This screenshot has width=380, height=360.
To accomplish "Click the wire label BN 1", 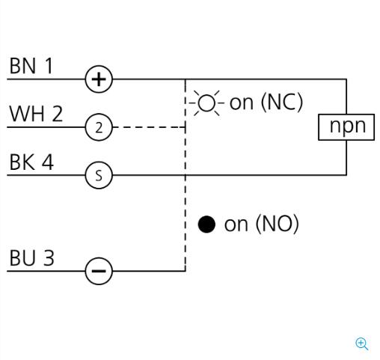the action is tap(31, 66).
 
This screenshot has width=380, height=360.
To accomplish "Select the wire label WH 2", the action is tap(36, 114).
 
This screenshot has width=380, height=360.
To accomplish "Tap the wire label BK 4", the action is tap(31, 162).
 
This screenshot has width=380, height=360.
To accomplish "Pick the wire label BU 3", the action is tap(31, 257).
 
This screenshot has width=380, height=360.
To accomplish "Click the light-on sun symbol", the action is tap(206, 103).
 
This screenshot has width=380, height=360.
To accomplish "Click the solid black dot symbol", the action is tap(206, 225).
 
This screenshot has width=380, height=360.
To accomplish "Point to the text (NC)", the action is tap(282, 103).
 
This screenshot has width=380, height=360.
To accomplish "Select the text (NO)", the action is tap(278, 224).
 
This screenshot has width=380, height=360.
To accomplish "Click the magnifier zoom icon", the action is tap(362, 344).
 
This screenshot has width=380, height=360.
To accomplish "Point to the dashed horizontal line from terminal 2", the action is tap(149, 127).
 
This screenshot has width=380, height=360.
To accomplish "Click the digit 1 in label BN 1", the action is tap(49, 66).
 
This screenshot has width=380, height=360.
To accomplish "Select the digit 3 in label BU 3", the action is tap(49, 257).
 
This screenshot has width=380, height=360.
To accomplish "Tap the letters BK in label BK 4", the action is tap(22, 162).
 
